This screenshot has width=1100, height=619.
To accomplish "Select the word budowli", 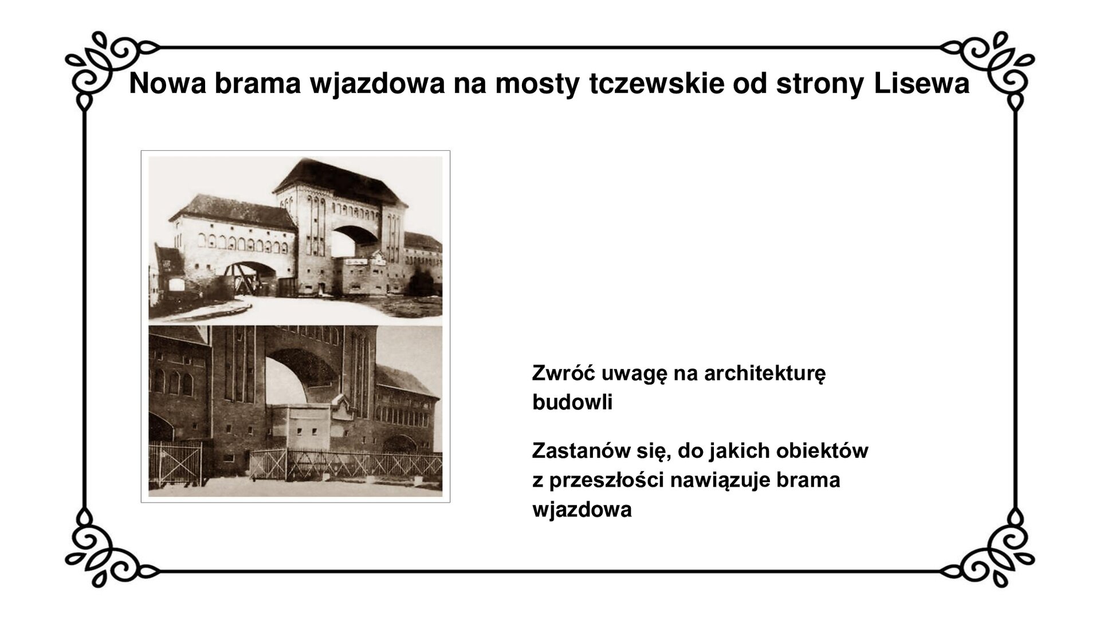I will pyautogui.click(x=572, y=402).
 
